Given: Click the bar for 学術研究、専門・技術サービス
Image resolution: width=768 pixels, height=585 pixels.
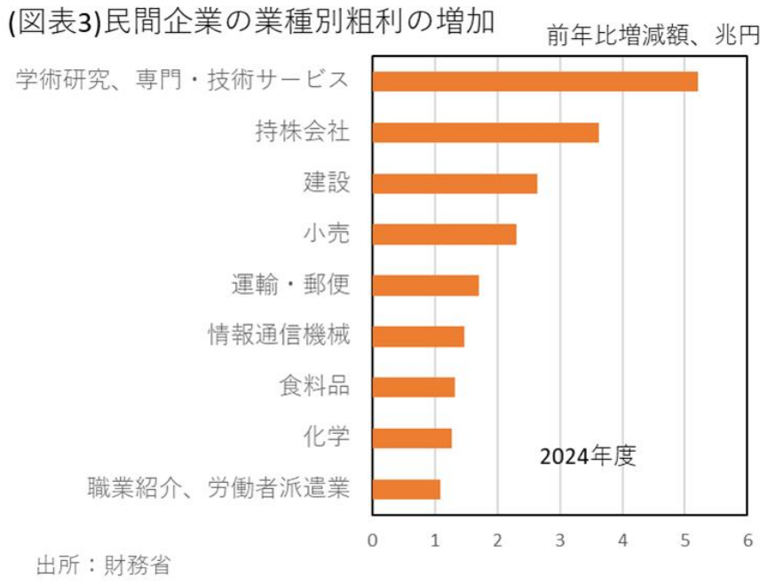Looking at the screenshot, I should (534, 82).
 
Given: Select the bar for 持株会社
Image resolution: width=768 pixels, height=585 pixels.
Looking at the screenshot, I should (485, 132).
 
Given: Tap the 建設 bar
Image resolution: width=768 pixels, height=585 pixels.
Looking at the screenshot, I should (455, 184).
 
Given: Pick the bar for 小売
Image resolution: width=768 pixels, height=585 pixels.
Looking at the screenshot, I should (444, 234).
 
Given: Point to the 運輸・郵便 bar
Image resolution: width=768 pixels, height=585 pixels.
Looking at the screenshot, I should (425, 285).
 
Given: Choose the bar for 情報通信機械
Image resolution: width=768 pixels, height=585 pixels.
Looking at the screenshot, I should (418, 336).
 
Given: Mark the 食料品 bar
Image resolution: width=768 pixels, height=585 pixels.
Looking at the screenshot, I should (413, 387).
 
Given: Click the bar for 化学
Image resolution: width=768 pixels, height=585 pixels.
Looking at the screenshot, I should (412, 439).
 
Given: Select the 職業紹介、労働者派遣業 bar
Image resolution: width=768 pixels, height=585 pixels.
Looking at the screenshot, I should (406, 489).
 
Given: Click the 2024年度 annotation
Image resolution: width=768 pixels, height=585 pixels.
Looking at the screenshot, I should (588, 457).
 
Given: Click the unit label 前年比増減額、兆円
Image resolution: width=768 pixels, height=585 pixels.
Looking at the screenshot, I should (653, 36).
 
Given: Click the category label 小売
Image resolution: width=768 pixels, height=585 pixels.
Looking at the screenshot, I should (326, 234).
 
